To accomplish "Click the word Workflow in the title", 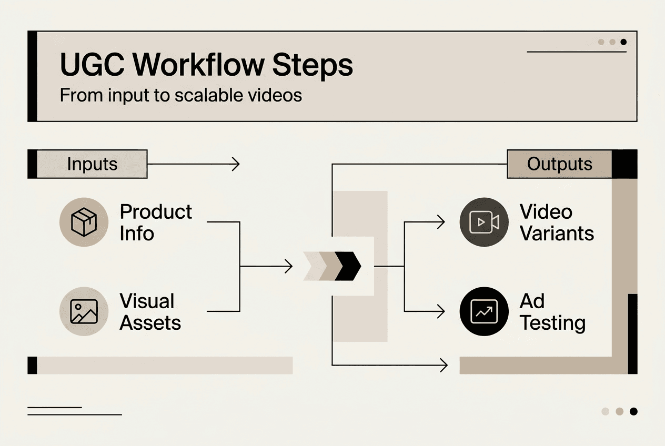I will (198, 65).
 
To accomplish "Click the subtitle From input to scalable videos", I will (180, 95).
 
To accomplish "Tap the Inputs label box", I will (92, 164).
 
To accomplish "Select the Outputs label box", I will (559, 164).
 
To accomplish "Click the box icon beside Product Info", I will (84, 222).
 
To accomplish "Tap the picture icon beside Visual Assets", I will (84, 311).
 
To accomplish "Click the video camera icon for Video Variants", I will (484, 222).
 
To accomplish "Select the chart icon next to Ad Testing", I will (484, 311).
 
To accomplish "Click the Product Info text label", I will (156, 222).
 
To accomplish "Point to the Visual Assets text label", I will (150, 311).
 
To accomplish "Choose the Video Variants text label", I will (557, 222).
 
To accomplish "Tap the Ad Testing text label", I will (552, 311).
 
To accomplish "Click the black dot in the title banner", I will (623, 42).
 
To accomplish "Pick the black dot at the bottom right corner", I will (633, 411).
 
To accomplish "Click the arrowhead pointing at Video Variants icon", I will (441, 222).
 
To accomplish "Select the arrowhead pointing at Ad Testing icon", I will (441, 311).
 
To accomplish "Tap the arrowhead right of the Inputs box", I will (236, 164).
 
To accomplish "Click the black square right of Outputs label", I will (624, 164).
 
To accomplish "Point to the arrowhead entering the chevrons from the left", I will (289, 266).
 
